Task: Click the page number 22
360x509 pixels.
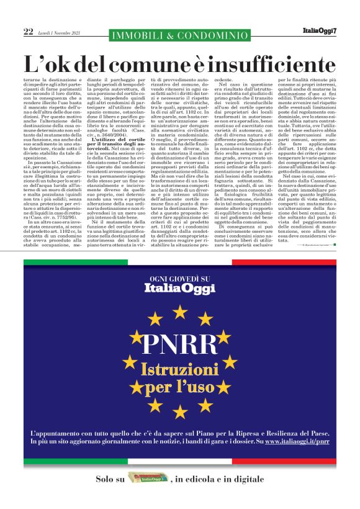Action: pos(29,31)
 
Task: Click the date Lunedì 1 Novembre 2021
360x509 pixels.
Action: pos(60,32)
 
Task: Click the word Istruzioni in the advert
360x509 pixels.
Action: pos(179,370)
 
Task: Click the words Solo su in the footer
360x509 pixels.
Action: pos(110,479)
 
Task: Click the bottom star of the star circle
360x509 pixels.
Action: pos(179,411)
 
